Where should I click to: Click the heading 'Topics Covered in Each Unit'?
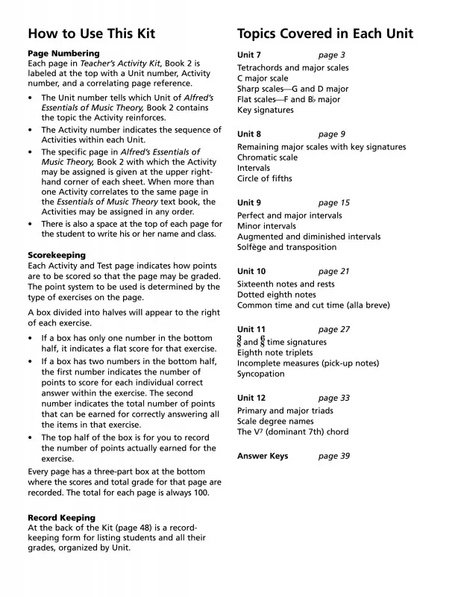tap(324, 34)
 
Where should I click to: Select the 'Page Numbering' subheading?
tap(63, 54)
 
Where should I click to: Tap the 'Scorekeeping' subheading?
tap(57, 255)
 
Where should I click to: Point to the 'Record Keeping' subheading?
tap(61, 518)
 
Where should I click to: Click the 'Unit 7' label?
tap(249, 55)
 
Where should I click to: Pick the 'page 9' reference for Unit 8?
tap(332, 134)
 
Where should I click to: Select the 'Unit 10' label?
tap(251, 272)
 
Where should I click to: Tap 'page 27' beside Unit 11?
tap(333, 329)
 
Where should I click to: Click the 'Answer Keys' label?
tap(263, 456)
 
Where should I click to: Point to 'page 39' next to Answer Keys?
tap(333, 456)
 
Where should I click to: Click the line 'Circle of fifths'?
tap(265, 178)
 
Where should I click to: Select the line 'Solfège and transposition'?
tap(286, 247)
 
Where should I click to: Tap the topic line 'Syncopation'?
tap(261, 374)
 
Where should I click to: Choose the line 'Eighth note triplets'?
tap(275, 353)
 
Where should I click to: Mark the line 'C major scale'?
tap(263, 78)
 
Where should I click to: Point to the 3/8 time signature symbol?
tap(239, 341)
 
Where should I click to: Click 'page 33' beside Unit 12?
tap(333, 398)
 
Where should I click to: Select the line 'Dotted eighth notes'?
tap(277, 295)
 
